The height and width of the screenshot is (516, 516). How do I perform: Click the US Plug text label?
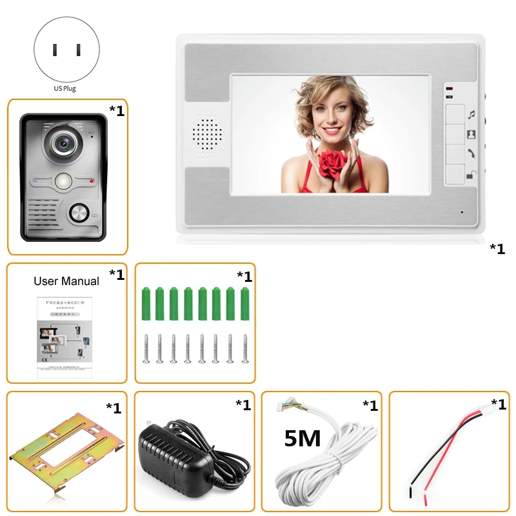(x=64, y=88)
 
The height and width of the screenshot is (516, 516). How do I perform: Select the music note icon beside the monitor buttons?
(x=471, y=114)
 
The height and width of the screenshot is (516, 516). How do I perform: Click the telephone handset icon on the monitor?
(x=471, y=154)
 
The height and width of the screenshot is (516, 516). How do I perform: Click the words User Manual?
(x=66, y=281)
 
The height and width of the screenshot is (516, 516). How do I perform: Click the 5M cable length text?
(x=303, y=439)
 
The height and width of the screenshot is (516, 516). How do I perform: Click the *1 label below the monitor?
(x=497, y=248)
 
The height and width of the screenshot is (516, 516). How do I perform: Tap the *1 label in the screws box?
(x=244, y=277)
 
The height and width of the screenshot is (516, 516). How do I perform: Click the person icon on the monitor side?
(x=471, y=135)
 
